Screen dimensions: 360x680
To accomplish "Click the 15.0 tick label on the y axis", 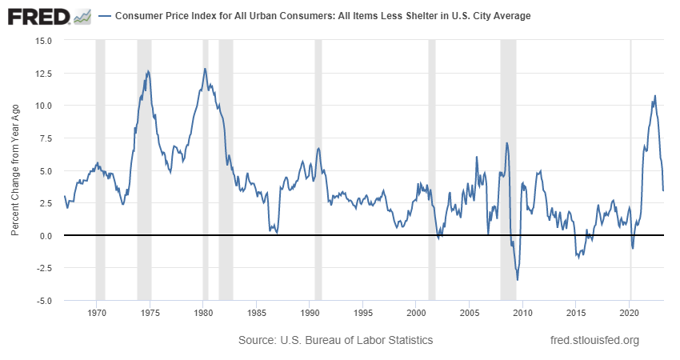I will tap(43, 40).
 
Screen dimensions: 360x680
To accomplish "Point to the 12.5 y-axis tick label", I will tap(43, 73).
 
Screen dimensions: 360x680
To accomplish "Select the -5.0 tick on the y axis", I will tap(43, 301).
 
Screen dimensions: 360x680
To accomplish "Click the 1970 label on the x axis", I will tap(96, 312).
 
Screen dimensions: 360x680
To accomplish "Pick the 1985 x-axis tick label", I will tap(256, 312).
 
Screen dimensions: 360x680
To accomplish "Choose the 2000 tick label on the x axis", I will tap(417, 312).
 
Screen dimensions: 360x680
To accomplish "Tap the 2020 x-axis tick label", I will tap(630, 312).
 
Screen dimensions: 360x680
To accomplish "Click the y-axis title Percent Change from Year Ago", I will tap(15, 170).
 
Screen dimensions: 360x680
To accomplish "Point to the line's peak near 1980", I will tap(205, 69).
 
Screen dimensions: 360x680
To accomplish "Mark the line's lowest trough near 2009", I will tap(518, 280).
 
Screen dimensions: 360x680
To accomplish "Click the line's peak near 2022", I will tap(655, 96).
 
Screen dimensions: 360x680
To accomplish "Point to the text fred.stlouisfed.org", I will tap(595, 341).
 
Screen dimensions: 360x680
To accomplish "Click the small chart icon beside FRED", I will tap(82, 16).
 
